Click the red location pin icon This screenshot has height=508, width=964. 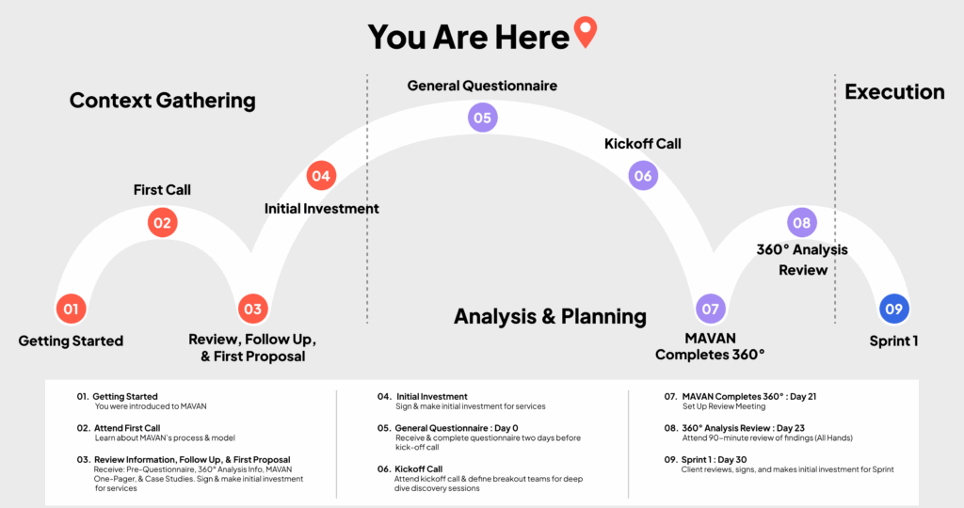click(x=586, y=31)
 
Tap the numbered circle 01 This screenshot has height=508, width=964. click(x=71, y=309)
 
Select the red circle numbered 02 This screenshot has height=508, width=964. click(x=162, y=222)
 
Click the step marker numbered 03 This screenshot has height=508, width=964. click(x=252, y=309)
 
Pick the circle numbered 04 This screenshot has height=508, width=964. click(x=321, y=176)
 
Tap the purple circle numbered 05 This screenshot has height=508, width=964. click(x=483, y=118)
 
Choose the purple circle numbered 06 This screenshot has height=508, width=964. click(x=643, y=176)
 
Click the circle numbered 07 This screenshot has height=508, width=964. click(x=710, y=309)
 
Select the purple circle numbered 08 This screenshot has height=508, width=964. click(x=802, y=222)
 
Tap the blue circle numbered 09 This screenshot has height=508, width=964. click(x=894, y=309)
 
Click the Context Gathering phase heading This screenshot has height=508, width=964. click(x=162, y=101)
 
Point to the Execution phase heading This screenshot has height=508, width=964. click(x=894, y=91)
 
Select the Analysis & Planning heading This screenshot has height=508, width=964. click(x=550, y=316)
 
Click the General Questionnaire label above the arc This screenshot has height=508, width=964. click(x=482, y=86)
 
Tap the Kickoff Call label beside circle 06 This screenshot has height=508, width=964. click(x=642, y=144)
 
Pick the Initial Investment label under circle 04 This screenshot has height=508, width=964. click(x=322, y=209)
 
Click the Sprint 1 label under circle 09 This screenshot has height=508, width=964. click(x=894, y=341)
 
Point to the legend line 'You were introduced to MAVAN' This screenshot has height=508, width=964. click(x=151, y=406)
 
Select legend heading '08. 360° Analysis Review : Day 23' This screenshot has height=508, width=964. click(x=734, y=428)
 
